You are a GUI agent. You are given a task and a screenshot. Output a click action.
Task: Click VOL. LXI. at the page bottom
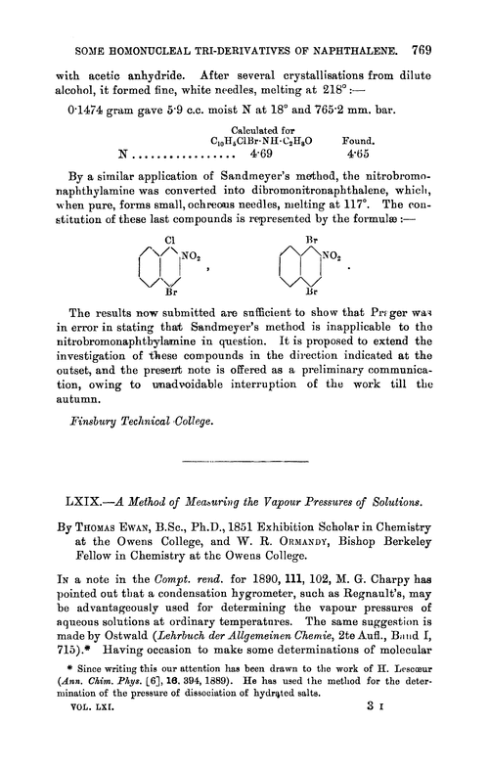tap(87, 752)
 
